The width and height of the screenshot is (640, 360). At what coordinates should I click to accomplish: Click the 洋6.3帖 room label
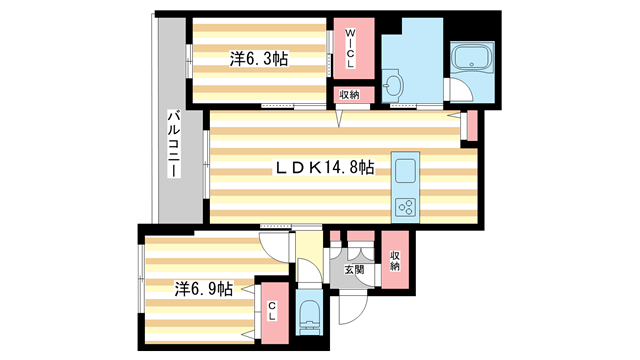259,59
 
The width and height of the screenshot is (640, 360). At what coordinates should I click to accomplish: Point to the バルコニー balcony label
173,144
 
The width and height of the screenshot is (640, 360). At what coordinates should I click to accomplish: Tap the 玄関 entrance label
353,268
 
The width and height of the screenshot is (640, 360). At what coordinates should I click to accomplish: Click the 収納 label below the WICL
348,95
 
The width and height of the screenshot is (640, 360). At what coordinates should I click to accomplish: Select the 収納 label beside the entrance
396,261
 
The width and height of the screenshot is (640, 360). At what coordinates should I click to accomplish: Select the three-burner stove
407,207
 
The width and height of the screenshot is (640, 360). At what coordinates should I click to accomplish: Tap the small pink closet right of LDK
472,126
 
